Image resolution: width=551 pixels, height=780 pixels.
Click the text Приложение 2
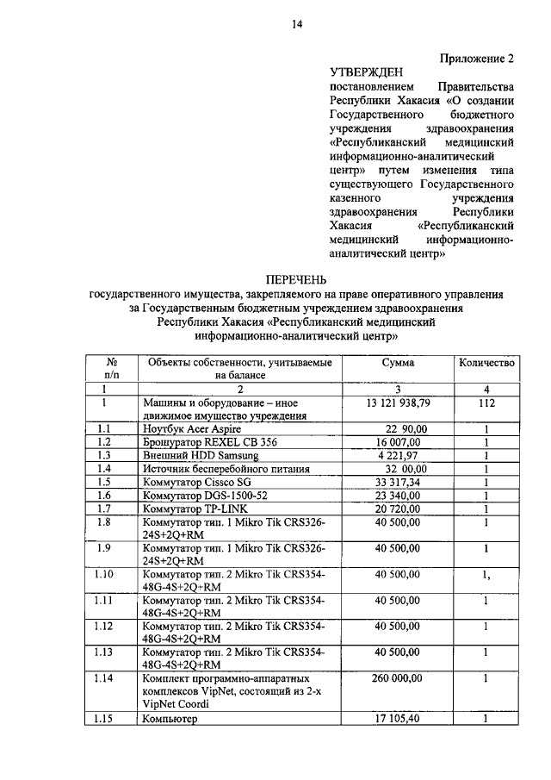tap(477, 59)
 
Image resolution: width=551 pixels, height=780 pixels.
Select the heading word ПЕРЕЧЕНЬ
tap(295, 281)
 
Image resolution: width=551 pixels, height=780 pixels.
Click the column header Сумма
tap(399, 363)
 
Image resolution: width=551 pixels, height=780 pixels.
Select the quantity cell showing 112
tap(486, 402)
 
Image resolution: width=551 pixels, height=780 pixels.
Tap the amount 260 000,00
tap(399, 679)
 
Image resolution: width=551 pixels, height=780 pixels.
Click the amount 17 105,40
tap(399, 718)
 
